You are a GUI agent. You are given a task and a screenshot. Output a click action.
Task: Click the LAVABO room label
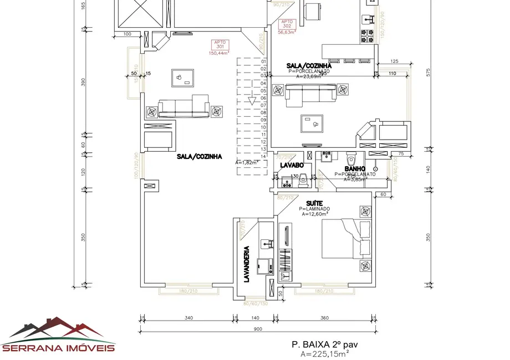(292, 165)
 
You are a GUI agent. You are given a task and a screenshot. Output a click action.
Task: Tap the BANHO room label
(355, 168)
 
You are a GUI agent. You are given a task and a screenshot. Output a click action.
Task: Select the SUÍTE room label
(314, 203)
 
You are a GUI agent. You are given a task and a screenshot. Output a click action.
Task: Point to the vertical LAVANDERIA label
(247, 264)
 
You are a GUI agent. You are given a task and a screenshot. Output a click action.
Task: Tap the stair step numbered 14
(264, 156)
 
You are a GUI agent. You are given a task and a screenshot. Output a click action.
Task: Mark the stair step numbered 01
(264, 61)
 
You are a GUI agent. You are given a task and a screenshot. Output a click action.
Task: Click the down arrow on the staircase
(252, 100)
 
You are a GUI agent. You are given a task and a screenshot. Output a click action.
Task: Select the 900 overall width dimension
(258, 328)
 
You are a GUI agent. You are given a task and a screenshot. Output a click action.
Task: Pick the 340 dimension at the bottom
(188, 318)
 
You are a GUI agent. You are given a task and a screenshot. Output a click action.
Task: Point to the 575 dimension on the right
(427, 72)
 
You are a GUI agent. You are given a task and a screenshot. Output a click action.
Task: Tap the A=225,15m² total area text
(325, 353)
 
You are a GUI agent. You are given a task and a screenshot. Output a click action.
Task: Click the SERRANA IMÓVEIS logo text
(59, 348)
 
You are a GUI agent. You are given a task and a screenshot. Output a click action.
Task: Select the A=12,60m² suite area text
(315, 214)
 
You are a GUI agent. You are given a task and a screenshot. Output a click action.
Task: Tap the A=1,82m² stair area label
(247, 163)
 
